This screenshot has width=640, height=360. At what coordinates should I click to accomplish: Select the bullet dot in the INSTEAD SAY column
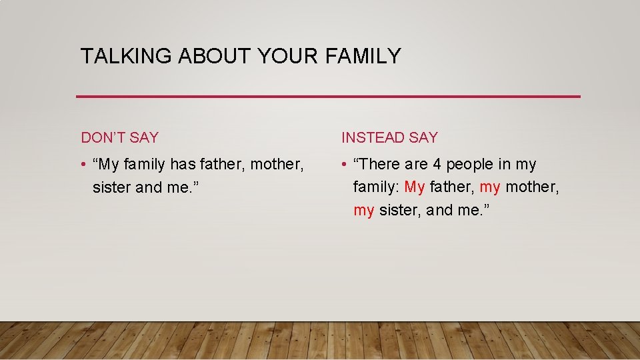coord(345,165)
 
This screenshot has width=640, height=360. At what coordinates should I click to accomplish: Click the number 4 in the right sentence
coord(437,164)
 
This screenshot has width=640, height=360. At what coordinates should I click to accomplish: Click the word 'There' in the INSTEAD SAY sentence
coord(380,164)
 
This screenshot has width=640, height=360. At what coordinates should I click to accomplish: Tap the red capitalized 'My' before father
coord(414,187)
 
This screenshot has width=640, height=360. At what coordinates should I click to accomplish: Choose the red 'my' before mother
coord(490,187)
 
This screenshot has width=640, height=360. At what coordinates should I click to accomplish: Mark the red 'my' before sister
coord(364,211)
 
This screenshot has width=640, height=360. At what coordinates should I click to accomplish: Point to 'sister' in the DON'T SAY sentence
coord(112,187)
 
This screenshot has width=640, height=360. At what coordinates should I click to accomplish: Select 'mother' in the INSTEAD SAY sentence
coord(531,187)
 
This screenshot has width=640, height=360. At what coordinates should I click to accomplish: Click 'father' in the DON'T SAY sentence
coord(223,164)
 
